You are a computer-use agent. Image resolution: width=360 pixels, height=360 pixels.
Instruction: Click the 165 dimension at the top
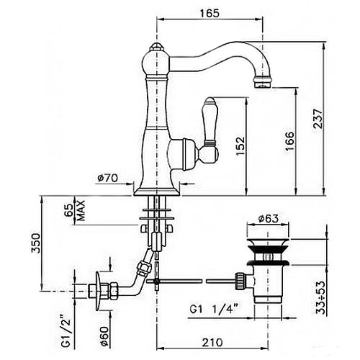pyautogui.click(x=210, y=13)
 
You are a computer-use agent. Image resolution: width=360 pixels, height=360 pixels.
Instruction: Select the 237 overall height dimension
pyautogui.click(x=318, y=119)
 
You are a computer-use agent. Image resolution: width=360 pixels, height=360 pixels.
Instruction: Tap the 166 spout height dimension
pyautogui.click(x=289, y=141)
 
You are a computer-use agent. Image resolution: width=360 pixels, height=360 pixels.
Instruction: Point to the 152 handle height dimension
pyautogui.click(x=240, y=146)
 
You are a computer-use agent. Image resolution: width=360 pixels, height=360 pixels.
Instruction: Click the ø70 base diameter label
pyautogui.click(x=107, y=178)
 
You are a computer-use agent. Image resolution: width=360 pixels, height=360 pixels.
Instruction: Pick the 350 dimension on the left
pyautogui.click(x=35, y=243)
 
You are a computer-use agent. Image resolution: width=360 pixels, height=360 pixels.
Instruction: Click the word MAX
pyautogui.click(x=81, y=210)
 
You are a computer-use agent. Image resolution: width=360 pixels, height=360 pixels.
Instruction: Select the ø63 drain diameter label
pyautogui.click(x=268, y=218)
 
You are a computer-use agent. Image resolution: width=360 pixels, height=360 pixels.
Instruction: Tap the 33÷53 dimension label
pyautogui.click(x=320, y=297)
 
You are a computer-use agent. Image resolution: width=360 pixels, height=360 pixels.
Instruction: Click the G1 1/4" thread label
pyautogui.click(x=214, y=309)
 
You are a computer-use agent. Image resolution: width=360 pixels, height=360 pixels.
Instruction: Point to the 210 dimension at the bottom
pyautogui.click(x=212, y=342)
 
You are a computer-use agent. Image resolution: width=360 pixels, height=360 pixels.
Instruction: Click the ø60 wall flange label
pyautogui.click(x=105, y=336)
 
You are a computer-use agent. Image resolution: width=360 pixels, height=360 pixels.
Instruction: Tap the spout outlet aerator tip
pyautogui.click(x=263, y=82)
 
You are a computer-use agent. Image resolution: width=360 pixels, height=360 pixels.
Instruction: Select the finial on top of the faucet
pyautogui.click(x=156, y=46)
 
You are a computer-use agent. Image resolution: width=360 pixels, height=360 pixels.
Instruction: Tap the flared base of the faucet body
pyautogui.click(x=156, y=191)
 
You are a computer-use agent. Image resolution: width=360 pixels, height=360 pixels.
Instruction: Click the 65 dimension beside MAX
pyautogui.click(x=69, y=210)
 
